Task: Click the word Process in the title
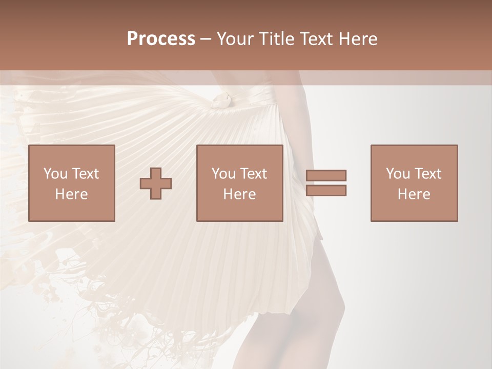point(161,38)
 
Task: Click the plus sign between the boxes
point(156,183)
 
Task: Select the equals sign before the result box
point(326,183)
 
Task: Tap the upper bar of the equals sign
point(326,175)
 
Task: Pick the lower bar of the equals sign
point(326,191)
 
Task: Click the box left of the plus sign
point(71,183)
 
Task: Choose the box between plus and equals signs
point(239,183)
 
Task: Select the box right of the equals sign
point(414,183)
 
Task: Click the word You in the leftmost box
point(54,174)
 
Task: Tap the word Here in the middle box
point(239,194)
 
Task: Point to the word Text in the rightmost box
point(427,174)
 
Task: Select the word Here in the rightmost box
point(414,194)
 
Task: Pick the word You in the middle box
point(223,174)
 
